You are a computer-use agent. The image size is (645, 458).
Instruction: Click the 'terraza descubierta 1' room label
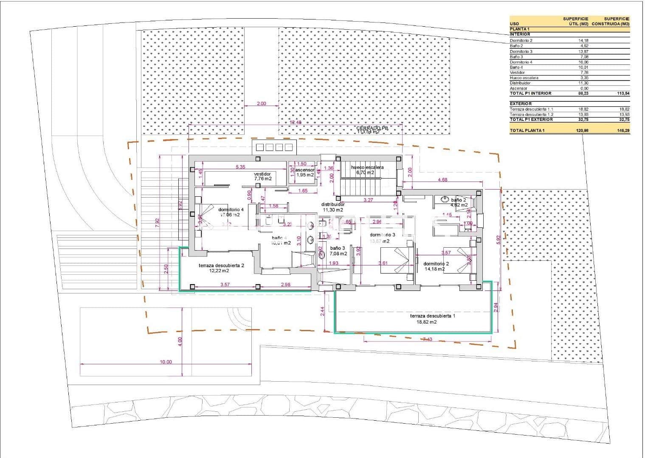click(433, 316)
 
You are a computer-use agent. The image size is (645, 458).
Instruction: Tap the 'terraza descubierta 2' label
click(221, 265)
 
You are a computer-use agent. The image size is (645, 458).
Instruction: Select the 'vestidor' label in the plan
click(262, 174)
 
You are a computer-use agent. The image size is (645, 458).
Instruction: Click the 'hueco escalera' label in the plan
click(367, 168)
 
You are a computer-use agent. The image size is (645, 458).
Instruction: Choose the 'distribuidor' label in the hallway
click(333, 204)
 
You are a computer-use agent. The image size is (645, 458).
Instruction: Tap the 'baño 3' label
click(338, 248)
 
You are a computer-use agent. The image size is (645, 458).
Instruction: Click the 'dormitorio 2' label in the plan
click(436, 264)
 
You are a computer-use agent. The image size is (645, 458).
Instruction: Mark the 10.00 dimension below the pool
click(166, 362)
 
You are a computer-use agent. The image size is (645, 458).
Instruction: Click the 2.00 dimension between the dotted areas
click(261, 103)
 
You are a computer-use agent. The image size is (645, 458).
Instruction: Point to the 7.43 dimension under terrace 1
click(428, 339)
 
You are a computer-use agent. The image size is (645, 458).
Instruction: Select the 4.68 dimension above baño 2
click(442, 180)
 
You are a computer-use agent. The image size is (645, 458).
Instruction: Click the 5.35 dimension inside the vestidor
click(240, 167)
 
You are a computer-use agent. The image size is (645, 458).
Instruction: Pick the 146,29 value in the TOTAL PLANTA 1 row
click(624, 131)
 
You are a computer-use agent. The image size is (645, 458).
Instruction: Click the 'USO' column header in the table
click(514, 24)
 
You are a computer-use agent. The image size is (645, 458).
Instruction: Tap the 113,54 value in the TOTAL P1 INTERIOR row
click(624, 93)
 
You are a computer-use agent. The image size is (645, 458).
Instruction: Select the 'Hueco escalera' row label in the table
click(524, 78)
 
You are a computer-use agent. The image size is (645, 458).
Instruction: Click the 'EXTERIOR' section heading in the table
click(521, 103)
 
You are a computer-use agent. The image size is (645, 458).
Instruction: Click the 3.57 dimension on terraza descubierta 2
click(225, 285)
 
